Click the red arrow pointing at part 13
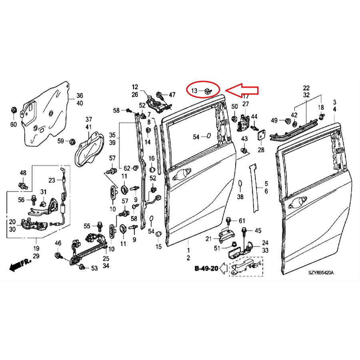tap(244, 89)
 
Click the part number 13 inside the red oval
tap(194, 91)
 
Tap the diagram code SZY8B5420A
tap(320, 273)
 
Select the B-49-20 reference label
tap(206, 268)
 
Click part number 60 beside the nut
tap(13, 124)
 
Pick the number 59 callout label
tap(60, 141)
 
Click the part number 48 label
tap(23, 173)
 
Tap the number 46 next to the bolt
tap(58, 243)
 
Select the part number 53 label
tap(94, 268)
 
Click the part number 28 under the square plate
tap(261, 150)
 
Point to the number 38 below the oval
tap(240, 197)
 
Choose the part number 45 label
tap(258, 230)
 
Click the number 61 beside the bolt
tap(242, 221)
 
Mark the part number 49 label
tap(274, 120)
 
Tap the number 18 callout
tap(320, 107)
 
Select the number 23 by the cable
tap(52, 180)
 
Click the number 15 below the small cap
tap(158, 246)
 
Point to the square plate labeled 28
tap(261, 135)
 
